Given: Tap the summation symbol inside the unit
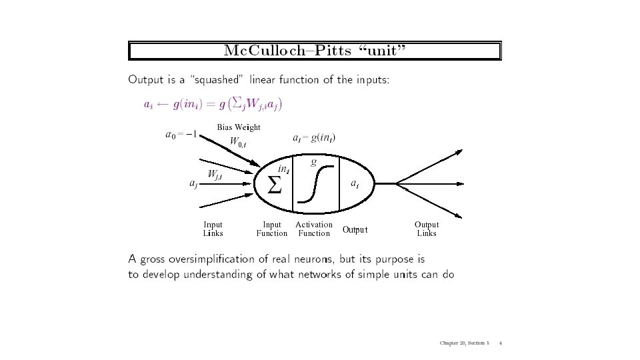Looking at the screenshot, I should coord(275,186).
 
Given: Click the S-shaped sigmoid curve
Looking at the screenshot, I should coord(315,183).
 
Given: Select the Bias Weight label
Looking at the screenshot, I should coord(238,127).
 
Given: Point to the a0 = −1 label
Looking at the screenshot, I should coord(180,135).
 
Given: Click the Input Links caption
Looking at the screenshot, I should coord(213,229).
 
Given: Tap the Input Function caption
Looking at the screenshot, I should coord(272,229).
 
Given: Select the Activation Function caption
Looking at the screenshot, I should coord(314,229).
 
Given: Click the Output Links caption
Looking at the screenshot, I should coord(427,229).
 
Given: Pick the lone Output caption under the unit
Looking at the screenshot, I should coord(355,230).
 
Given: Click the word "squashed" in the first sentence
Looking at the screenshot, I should coord(217,80).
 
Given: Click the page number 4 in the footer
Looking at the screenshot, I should coord(500,343).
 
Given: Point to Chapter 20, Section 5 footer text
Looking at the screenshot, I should coord(465,343).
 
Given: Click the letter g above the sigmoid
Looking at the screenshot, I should coord(314,161).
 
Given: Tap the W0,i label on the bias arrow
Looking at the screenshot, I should coord(238,141).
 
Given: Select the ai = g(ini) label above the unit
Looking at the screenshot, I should coord(314,138).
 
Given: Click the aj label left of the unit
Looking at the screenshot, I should coord(193,185).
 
